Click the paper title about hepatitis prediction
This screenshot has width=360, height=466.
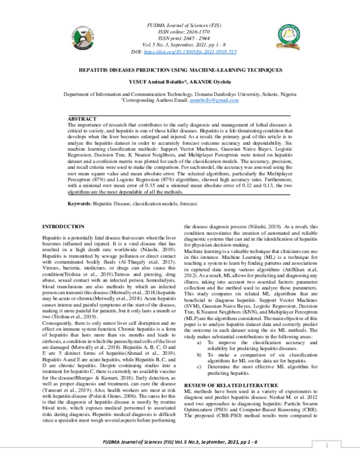click(180, 70)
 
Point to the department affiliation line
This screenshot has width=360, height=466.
click(180, 95)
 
